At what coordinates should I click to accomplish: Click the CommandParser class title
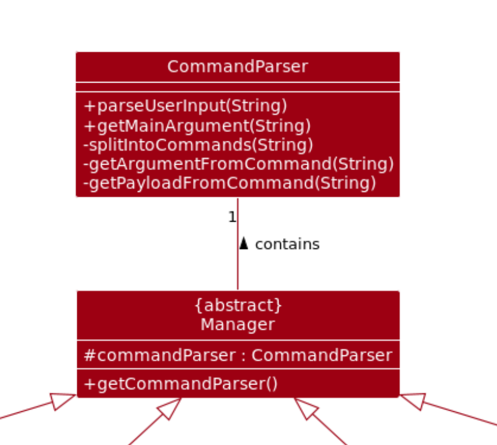(237, 67)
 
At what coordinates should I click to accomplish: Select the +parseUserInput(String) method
(185, 106)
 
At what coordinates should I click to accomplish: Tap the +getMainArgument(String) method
(197, 126)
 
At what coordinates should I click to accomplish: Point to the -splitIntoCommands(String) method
(198, 145)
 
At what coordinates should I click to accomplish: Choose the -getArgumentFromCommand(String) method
(238, 164)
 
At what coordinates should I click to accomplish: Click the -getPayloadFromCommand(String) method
(230, 183)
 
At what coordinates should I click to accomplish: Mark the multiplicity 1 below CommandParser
(231, 218)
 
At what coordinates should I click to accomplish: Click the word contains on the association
(287, 244)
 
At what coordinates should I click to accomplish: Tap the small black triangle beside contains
(244, 244)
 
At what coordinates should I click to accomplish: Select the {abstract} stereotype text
(237, 305)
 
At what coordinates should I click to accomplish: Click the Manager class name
(237, 324)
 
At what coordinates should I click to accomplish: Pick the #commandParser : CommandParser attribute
(238, 355)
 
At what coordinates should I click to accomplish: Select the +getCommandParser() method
(181, 384)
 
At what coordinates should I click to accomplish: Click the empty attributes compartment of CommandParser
(237, 87)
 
